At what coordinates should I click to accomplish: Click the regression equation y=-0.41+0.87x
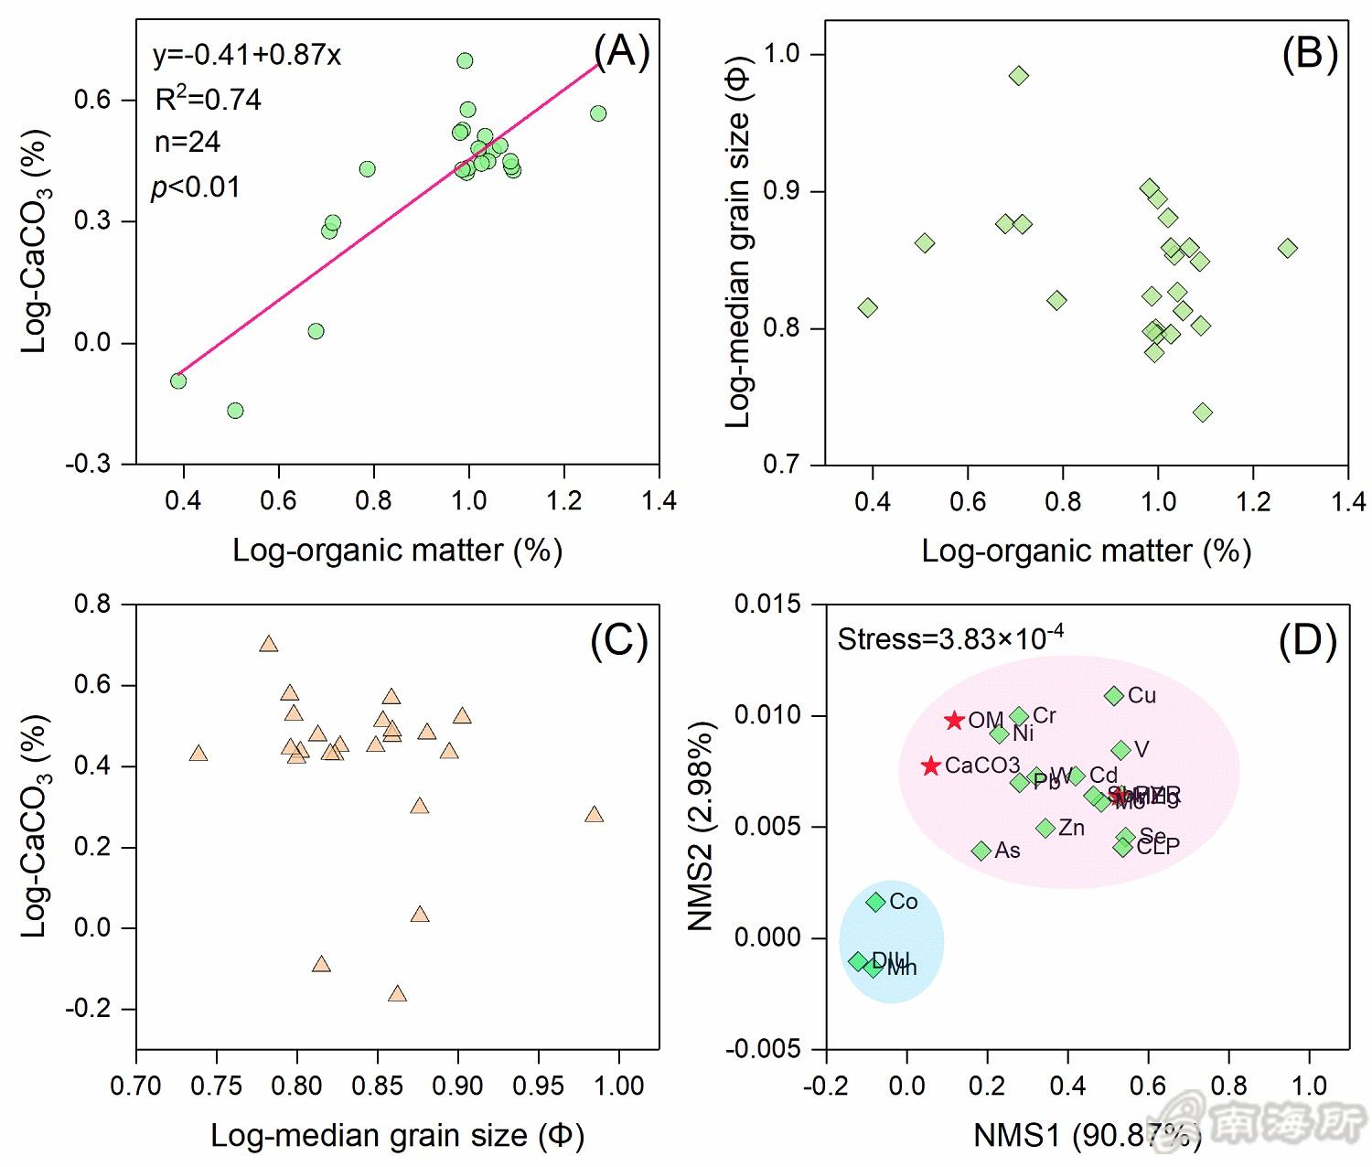[247, 56]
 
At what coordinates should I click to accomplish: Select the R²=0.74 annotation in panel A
[209, 99]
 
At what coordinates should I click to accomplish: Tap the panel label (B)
[1310, 54]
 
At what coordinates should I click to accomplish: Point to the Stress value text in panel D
[951, 637]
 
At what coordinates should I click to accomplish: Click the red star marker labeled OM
[955, 721]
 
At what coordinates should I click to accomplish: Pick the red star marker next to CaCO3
[931, 766]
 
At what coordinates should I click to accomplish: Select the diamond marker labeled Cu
[1114, 696]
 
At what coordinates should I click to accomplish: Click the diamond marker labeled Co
[876, 902]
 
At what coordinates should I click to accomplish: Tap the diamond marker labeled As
[981, 851]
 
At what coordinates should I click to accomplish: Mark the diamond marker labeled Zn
[1045, 828]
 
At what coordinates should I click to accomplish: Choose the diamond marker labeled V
[1121, 750]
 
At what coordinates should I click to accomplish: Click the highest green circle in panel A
[465, 61]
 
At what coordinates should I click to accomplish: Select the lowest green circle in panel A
[235, 411]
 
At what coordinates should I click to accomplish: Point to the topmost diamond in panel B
[1019, 76]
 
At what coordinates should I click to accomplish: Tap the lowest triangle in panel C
[397, 994]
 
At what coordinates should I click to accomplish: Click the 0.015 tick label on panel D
[767, 604]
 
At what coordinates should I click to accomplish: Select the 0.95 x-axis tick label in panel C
[539, 1086]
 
